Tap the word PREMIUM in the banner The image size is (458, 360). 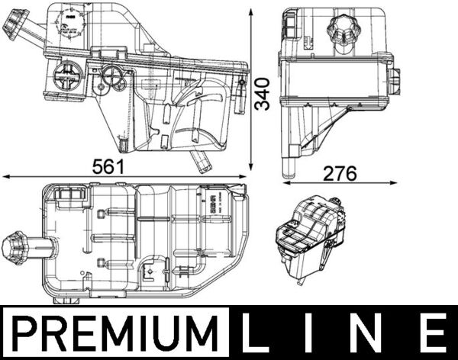(116, 333)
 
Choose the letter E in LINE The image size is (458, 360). (433, 333)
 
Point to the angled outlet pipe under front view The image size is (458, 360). (202, 160)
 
